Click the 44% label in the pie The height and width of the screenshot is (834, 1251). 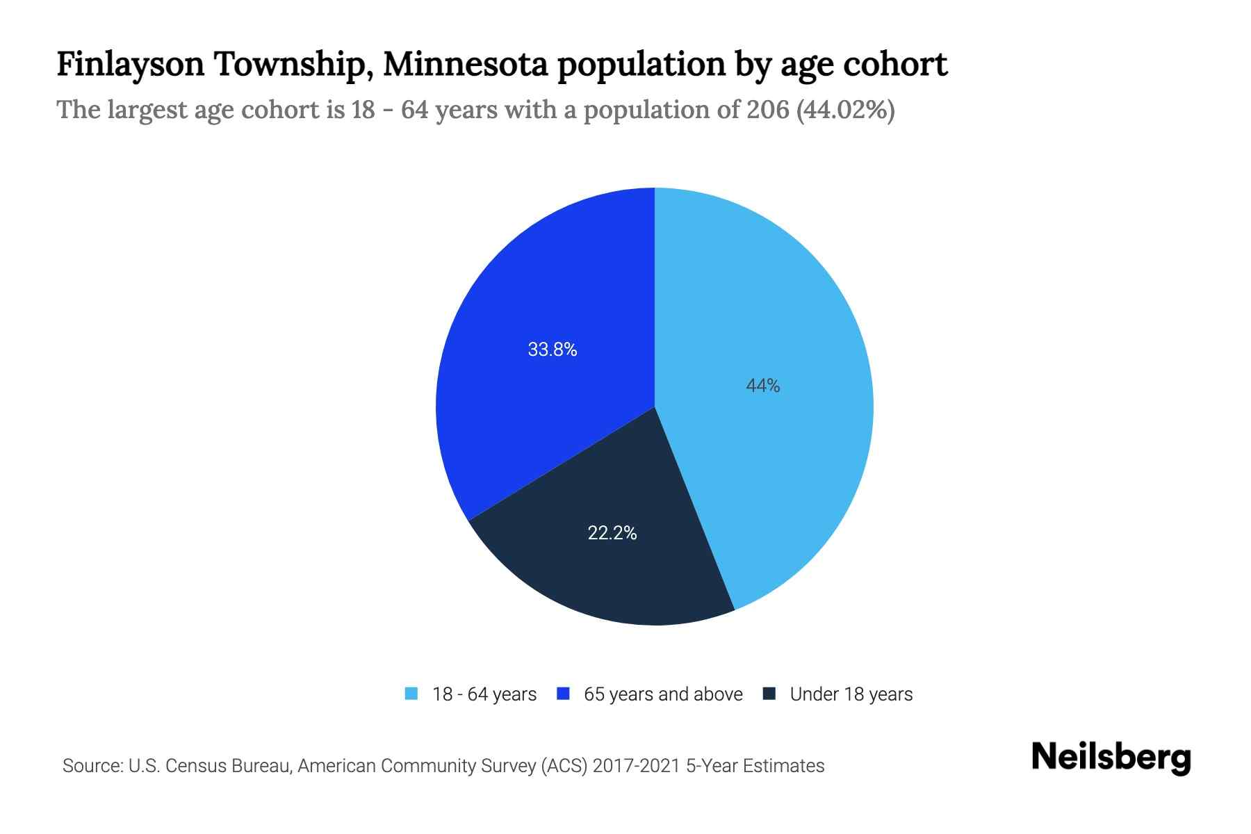coord(762,386)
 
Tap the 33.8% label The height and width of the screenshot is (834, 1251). coord(553,350)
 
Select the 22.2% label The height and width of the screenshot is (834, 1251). coord(612,533)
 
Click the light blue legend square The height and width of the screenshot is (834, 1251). coord(411,694)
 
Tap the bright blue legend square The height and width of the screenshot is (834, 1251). coord(564,694)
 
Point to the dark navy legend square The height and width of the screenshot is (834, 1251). coord(769,694)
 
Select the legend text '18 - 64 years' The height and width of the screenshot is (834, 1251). coord(484,694)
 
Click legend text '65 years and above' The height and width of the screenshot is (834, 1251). coord(663,694)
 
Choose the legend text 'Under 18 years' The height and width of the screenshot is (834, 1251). coord(851,694)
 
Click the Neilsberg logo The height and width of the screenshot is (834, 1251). coord(1111,758)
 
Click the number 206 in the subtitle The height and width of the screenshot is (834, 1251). coord(768,110)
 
